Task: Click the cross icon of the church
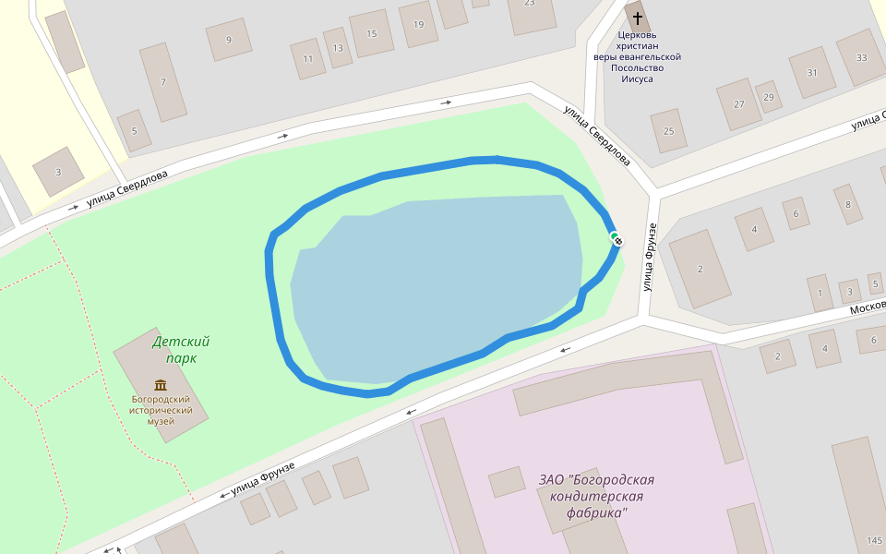pyautogui.click(x=637, y=18)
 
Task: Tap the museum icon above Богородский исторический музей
pyautogui.click(x=161, y=385)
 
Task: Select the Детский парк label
pyautogui.click(x=181, y=350)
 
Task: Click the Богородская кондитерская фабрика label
pyautogui.click(x=596, y=496)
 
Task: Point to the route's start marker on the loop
pyautogui.click(x=617, y=240)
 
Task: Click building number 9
pyautogui.click(x=229, y=40)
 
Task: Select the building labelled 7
pyautogui.click(x=163, y=82)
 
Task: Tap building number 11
pyautogui.click(x=307, y=59)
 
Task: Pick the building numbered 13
pyautogui.click(x=338, y=48)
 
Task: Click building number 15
pyautogui.click(x=372, y=34)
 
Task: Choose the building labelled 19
pyautogui.click(x=419, y=25)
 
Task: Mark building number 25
pyautogui.click(x=668, y=130)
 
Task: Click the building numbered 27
pyautogui.click(x=738, y=103)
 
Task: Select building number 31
pyautogui.click(x=812, y=72)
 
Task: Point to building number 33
pyautogui.click(x=861, y=57)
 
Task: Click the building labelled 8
pyautogui.click(x=847, y=204)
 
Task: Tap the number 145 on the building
pyautogui.click(x=874, y=539)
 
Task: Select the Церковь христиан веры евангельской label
pyautogui.click(x=637, y=57)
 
